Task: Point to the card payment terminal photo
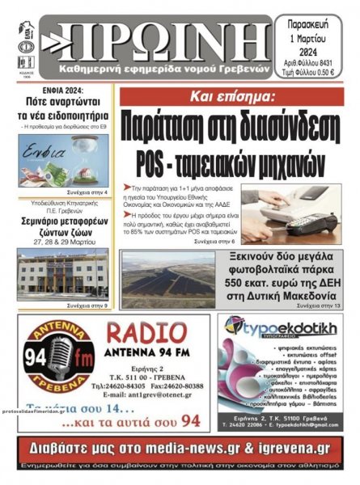click(299, 212)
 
